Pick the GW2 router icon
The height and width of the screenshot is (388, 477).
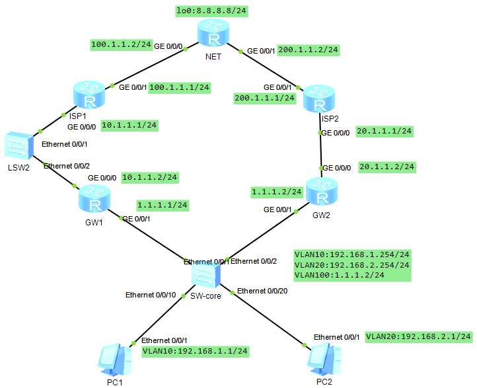321,194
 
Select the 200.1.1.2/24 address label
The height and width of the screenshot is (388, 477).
309,50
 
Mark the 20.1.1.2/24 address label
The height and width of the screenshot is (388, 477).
387,167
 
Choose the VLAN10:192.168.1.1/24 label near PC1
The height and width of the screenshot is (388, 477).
196,351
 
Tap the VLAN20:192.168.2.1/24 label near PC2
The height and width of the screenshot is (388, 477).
419,336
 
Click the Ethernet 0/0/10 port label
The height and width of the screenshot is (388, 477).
151,295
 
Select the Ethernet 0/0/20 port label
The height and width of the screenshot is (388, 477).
262,291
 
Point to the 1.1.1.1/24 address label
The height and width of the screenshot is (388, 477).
162,205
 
